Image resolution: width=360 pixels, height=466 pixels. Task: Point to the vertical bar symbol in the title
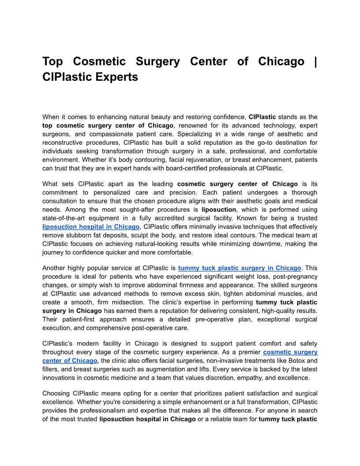pyautogui.click(x=315, y=61)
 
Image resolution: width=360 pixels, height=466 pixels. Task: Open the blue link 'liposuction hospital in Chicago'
pyautogui.click(x=91, y=226)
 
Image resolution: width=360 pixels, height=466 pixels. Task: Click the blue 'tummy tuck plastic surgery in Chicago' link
pyautogui.click(x=240, y=268)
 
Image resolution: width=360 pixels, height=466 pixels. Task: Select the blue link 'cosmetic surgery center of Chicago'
pyautogui.click(x=290, y=352)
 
